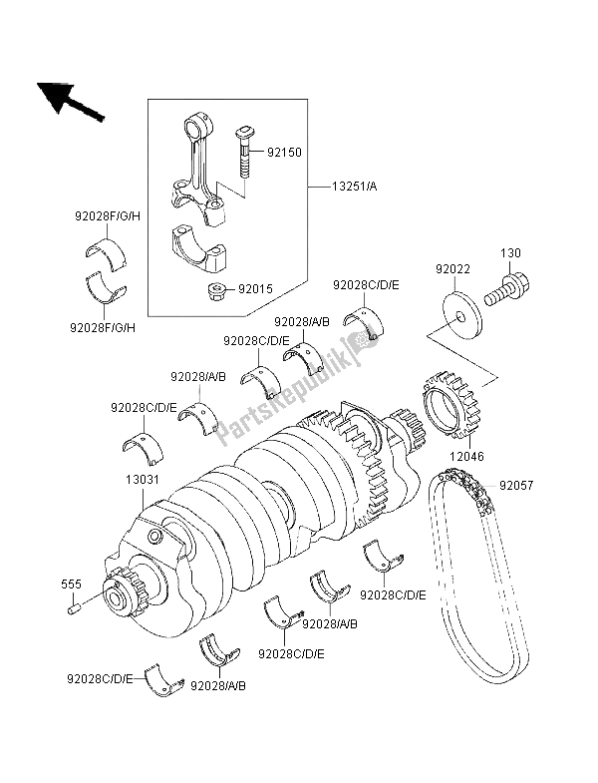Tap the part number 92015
pos(256,289)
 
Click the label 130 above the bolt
pos(509,253)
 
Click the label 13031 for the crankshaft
pos(141,480)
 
